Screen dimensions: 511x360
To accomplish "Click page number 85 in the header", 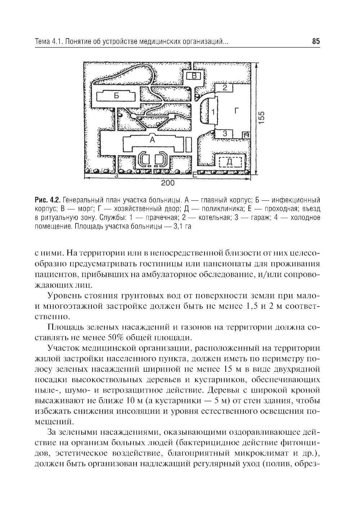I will click(316, 42).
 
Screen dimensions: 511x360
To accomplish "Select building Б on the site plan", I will click(116, 96).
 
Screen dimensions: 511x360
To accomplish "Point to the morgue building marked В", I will click(194, 76).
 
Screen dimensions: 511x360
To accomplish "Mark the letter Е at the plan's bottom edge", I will click(195, 176).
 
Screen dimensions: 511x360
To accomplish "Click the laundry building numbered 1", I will click(212, 112).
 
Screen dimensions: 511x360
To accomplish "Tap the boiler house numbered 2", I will click(225, 87).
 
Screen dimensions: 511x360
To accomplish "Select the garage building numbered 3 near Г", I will click(225, 134).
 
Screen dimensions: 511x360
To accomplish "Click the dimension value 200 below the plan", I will click(167, 184).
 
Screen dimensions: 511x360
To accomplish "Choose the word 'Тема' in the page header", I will click(42, 42).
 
